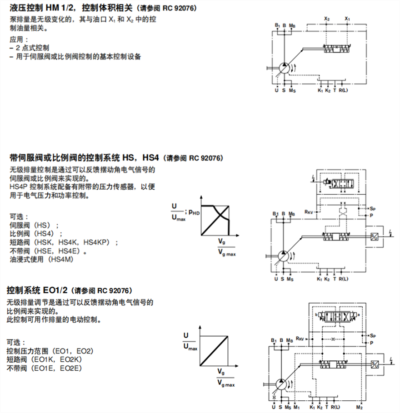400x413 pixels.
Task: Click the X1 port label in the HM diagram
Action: pos(347,19)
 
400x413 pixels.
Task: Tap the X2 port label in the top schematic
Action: pos(327,19)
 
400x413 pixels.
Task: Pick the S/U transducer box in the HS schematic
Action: pos(374,236)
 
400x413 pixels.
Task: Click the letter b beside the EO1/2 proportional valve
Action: pos(316,314)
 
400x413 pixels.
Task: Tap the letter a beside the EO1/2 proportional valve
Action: pos(359,314)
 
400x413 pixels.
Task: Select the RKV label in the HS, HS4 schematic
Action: pos(309,212)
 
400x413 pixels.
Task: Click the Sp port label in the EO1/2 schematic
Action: pos(372,335)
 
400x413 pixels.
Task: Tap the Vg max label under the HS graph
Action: pos(226,253)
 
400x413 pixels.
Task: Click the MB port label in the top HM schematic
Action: pos(292,25)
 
